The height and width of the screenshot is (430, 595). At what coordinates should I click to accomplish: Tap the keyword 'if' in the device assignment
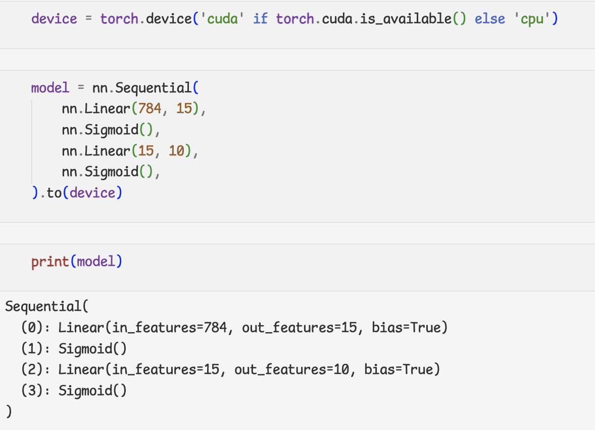[260, 19]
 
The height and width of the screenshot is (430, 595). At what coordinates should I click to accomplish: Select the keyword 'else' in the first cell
[489, 19]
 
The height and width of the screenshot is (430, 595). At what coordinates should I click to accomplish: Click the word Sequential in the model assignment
[154, 88]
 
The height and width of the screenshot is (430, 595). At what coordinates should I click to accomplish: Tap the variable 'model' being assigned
[50, 88]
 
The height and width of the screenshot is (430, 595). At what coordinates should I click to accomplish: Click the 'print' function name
[50, 261]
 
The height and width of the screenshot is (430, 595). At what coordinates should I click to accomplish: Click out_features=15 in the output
[299, 328]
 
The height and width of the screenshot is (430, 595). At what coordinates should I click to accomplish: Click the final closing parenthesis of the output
[8, 411]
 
